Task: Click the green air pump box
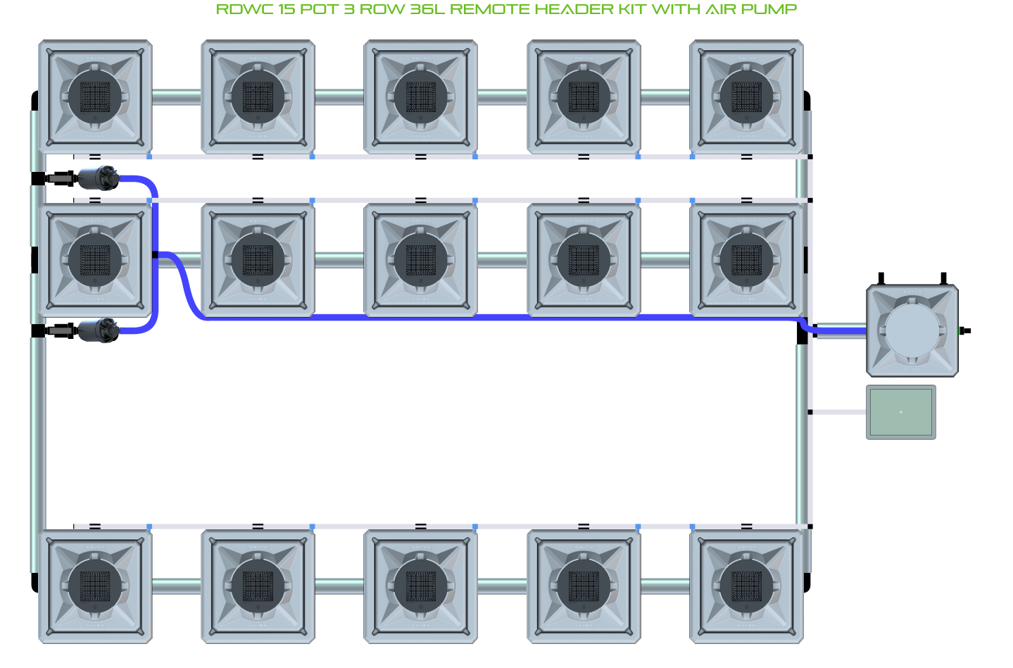(901, 412)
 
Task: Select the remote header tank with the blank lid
(912, 330)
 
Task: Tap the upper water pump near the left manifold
(98, 178)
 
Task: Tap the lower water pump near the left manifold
(98, 330)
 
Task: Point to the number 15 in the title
(287, 9)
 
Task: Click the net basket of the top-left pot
(95, 97)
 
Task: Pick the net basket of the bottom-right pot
(746, 586)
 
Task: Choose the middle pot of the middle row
(420, 260)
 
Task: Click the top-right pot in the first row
(746, 97)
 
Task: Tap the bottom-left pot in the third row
(95, 586)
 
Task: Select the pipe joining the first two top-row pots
(177, 97)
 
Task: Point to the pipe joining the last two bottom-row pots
(665, 586)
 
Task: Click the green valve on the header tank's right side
(962, 331)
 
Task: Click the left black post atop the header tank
(881, 278)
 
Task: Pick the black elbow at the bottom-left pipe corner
(34, 583)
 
